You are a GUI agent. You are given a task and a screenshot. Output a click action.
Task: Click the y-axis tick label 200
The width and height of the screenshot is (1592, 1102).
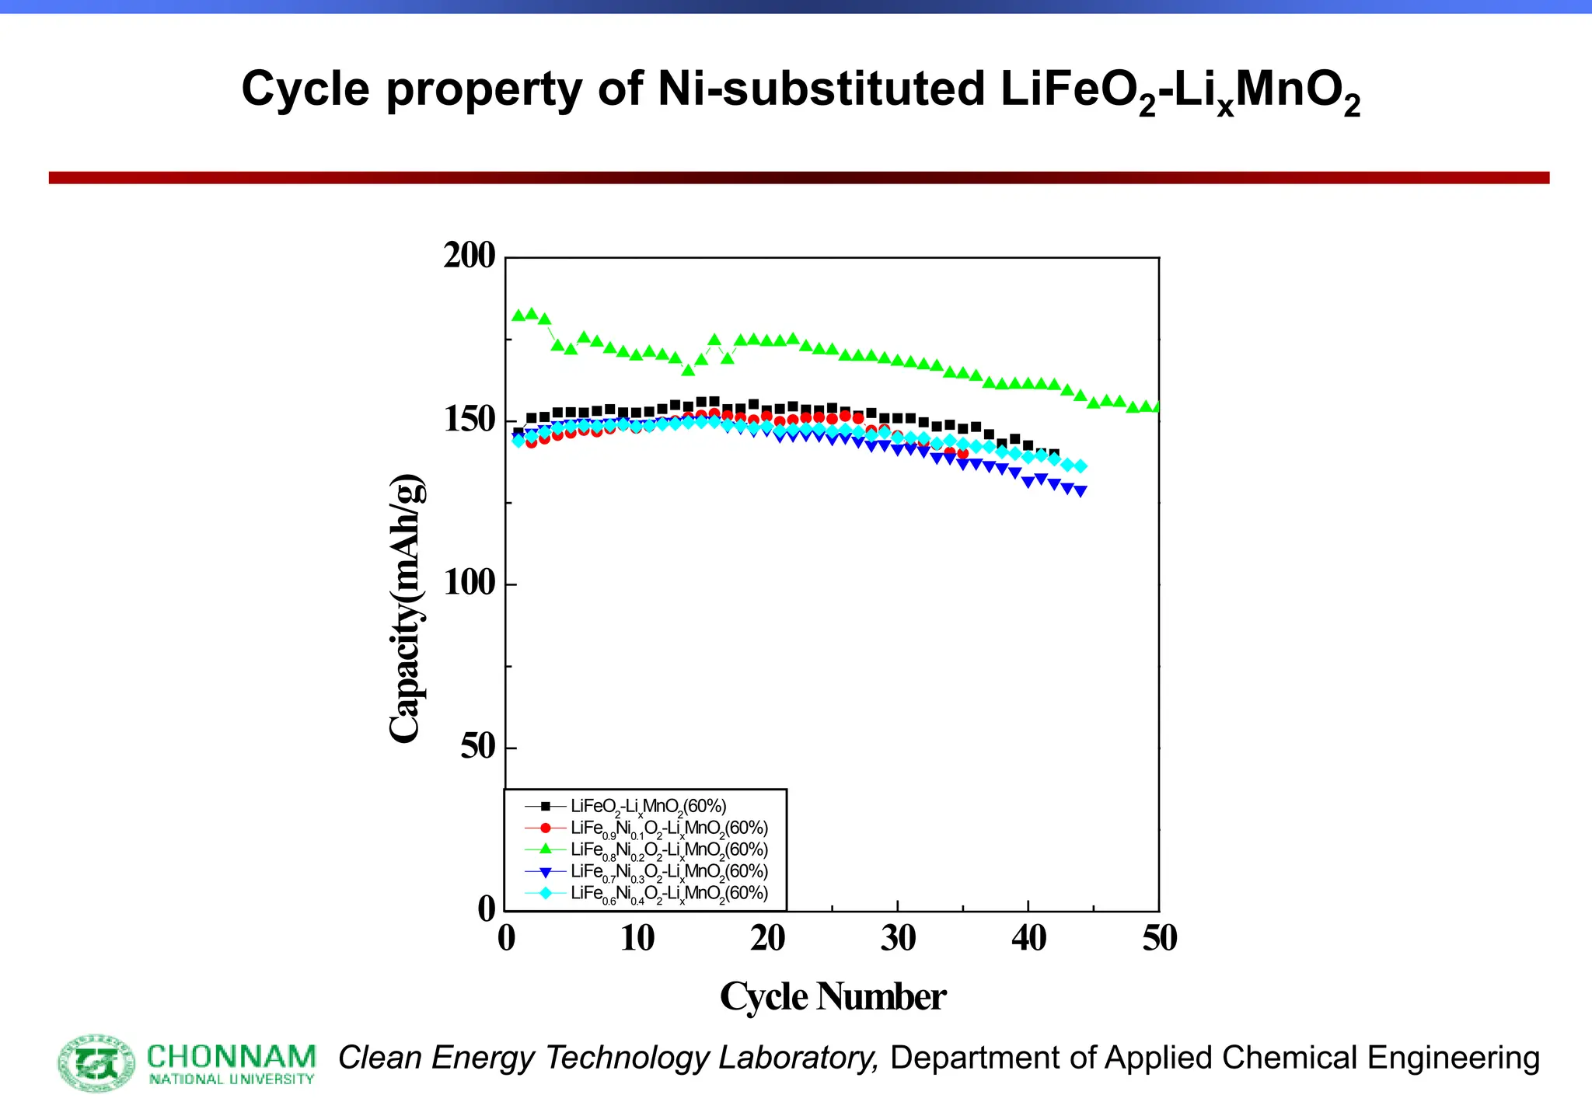[469, 256]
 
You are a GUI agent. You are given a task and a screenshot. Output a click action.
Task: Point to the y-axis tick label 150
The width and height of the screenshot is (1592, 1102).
[469, 420]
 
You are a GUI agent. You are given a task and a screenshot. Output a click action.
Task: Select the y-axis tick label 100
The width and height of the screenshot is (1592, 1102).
[469, 583]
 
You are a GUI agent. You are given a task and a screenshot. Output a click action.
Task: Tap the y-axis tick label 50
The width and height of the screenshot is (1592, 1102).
[477, 747]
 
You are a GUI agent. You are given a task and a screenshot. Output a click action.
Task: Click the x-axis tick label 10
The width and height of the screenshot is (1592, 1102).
[637, 939]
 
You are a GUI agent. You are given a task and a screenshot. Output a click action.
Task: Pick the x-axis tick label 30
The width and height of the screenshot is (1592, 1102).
[898, 939]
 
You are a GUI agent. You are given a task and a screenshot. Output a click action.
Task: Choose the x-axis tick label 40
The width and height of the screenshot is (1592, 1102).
[1028, 939]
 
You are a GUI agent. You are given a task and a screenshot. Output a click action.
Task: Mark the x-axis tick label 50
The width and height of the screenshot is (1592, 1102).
[1159, 939]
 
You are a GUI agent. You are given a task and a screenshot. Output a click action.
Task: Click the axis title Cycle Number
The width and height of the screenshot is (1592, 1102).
[833, 997]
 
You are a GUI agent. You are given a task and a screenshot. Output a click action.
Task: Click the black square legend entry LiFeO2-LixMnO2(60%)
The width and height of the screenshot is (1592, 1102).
[648, 806]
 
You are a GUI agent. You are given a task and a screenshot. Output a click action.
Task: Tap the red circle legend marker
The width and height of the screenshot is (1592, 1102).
[546, 828]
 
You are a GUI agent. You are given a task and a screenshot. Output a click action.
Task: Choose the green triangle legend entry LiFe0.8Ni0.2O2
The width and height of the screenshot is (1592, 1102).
[669, 849]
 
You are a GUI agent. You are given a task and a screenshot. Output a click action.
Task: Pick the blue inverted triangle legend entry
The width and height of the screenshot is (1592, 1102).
[669, 871]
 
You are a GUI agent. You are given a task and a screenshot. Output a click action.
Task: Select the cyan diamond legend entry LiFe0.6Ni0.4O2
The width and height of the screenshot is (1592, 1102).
[669, 893]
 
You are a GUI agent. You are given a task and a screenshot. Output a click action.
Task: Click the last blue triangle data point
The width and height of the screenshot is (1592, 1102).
[1081, 491]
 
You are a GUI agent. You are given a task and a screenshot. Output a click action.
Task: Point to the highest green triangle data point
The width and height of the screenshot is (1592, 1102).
[532, 314]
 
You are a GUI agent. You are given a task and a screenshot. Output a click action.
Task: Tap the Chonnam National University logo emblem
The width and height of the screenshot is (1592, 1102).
[97, 1062]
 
